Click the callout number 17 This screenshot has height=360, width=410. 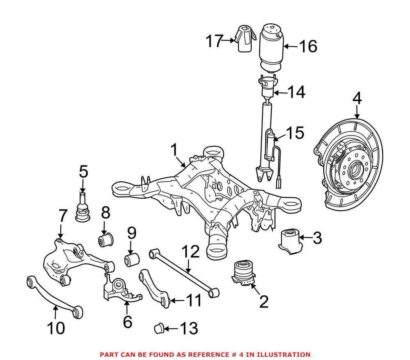[x=214, y=41]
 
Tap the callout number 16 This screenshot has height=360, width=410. [x=308, y=47]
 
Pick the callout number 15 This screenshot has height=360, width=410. [x=295, y=133]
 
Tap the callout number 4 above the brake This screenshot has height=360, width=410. [x=357, y=99]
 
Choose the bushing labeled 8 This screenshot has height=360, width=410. [x=106, y=239]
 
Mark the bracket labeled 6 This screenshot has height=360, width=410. [x=122, y=290]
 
